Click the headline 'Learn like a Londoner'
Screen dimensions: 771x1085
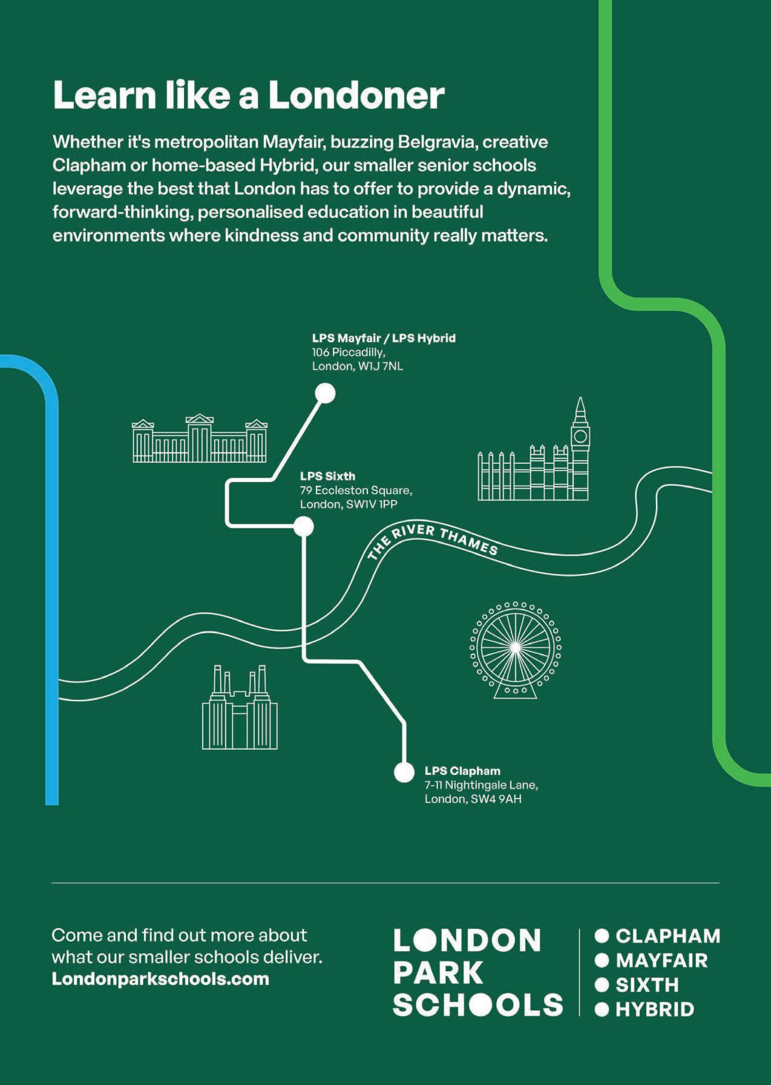click(x=249, y=95)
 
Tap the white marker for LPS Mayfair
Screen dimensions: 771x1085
click(x=326, y=394)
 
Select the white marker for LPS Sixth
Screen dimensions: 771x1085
click(x=303, y=526)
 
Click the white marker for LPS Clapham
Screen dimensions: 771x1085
click(x=404, y=772)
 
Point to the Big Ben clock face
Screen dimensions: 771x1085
click(x=580, y=435)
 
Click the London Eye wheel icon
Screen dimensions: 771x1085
click(x=515, y=648)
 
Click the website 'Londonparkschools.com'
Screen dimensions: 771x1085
click(x=160, y=979)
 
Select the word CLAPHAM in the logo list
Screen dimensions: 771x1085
click(x=668, y=936)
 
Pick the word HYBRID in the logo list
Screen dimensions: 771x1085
click(x=654, y=1009)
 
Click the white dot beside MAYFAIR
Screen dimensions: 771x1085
click(x=602, y=960)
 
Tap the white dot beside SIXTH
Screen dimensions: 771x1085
click(x=602, y=985)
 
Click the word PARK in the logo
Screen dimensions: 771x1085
click(x=438, y=972)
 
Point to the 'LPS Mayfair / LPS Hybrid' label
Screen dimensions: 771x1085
click(x=384, y=338)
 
